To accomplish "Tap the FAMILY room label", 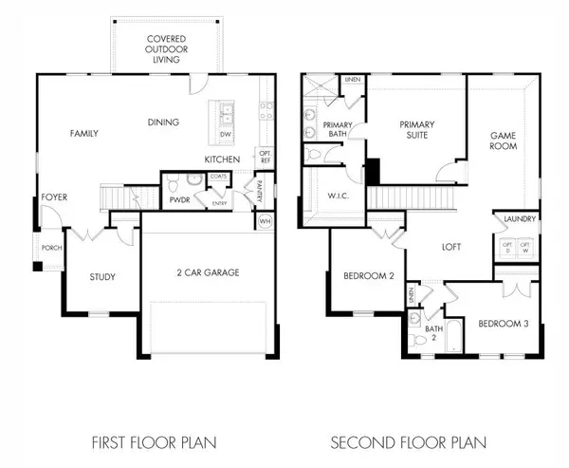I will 85,134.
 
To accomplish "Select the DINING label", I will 163,122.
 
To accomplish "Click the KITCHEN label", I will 222,159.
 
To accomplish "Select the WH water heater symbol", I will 265,221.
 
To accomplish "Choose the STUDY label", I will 102,277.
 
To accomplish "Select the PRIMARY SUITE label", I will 416,129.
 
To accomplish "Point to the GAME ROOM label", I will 502,141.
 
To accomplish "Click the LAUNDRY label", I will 516,219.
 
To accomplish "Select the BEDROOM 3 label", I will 502,324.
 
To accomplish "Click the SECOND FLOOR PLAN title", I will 409,441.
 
